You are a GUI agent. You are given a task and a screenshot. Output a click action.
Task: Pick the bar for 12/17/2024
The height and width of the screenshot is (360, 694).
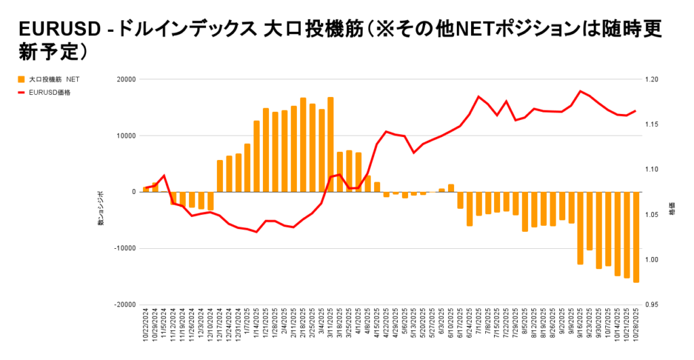click(220, 176)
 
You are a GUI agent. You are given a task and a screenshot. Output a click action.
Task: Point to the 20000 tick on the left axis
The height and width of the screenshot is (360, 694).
click(125, 79)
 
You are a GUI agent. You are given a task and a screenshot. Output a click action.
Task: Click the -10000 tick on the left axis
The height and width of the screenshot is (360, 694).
click(124, 248)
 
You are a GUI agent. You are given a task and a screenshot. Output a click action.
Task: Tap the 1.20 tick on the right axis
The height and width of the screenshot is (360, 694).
click(652, 79)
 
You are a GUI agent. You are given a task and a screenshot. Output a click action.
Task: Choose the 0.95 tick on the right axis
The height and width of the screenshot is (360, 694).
click(652, 304)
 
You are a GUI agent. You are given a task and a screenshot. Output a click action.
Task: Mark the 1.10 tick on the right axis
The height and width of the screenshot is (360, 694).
click(652, 169)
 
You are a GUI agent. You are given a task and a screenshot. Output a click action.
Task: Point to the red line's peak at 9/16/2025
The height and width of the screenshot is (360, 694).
click(580, 91)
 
